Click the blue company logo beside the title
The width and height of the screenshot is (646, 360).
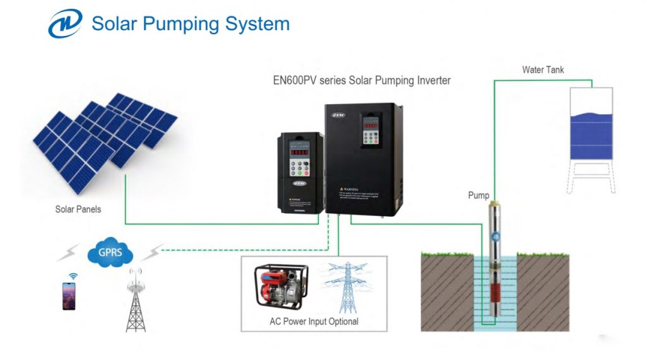pos(65,24)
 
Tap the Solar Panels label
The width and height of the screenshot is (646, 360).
pos(78,209)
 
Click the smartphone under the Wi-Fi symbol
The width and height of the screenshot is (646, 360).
pos(68,296)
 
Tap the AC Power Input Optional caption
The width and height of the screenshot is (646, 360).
pos(314,322)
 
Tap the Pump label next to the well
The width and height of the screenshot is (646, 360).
pos(478,195)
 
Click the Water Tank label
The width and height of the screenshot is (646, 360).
pos(543,69)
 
